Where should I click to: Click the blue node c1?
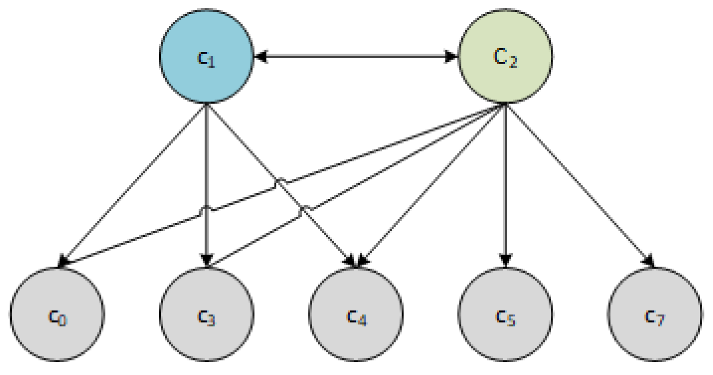tap(206, 56)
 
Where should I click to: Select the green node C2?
tap(505, 56)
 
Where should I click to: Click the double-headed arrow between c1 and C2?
tap(356, 56)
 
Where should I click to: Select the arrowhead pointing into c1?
tap(260, 56)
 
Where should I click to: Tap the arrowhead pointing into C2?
tap(451, 56)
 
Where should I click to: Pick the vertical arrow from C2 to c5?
tap(505, 182)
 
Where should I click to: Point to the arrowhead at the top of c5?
tap(505, 260)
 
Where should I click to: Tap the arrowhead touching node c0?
tap(63, 262)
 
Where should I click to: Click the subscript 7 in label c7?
tap(660, 320)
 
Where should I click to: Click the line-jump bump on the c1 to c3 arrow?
tap(207, 208)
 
